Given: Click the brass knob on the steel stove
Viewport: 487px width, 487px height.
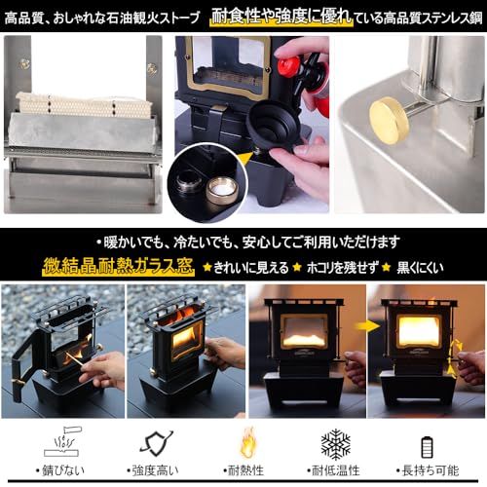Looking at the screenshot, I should coord(389,119).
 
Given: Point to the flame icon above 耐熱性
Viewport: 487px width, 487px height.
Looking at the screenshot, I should coord(248,442).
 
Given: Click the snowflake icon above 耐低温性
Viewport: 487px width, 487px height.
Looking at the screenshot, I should coord(336,443).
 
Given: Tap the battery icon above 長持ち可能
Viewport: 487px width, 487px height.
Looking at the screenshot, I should coord(426,446).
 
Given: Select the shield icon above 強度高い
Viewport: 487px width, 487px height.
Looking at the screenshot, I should coord(157,443).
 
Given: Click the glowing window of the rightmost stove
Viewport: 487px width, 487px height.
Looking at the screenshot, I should coord(419,330).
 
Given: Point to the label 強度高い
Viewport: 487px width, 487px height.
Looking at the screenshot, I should coord(157,471).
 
